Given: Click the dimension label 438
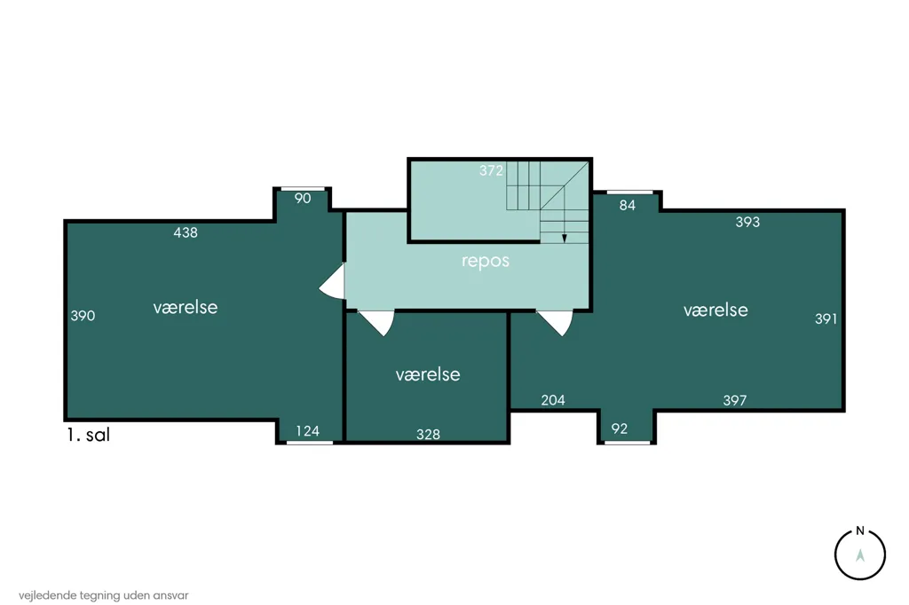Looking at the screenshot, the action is [186, 232].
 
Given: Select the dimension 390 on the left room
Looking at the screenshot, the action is [83, 316].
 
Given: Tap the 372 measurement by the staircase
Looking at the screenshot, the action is [491, 170].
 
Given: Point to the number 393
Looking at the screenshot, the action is [747, 222].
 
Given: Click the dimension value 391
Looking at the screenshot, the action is [826, 318].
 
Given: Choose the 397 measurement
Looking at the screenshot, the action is [734, 400].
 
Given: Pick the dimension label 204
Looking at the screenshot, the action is [553, 400].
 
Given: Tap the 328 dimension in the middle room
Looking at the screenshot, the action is [429, 434].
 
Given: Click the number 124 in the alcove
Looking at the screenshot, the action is [307, 431].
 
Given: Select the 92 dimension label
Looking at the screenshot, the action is [619, 428].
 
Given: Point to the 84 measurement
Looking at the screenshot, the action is [628, 205].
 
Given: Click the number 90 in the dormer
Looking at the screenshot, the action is [303, 198].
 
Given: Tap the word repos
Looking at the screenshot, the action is [486, 262].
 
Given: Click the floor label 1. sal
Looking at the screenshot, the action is [88, 435].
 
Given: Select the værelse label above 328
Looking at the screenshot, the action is [428, 374].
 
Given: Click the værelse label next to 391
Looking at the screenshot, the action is [715, 310].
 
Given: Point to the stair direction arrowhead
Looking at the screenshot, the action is [564, 238].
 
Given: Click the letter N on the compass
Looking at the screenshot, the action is [860, 530].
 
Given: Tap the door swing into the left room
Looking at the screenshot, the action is [332, 281].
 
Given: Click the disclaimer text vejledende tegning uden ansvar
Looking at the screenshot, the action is [104, 595].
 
